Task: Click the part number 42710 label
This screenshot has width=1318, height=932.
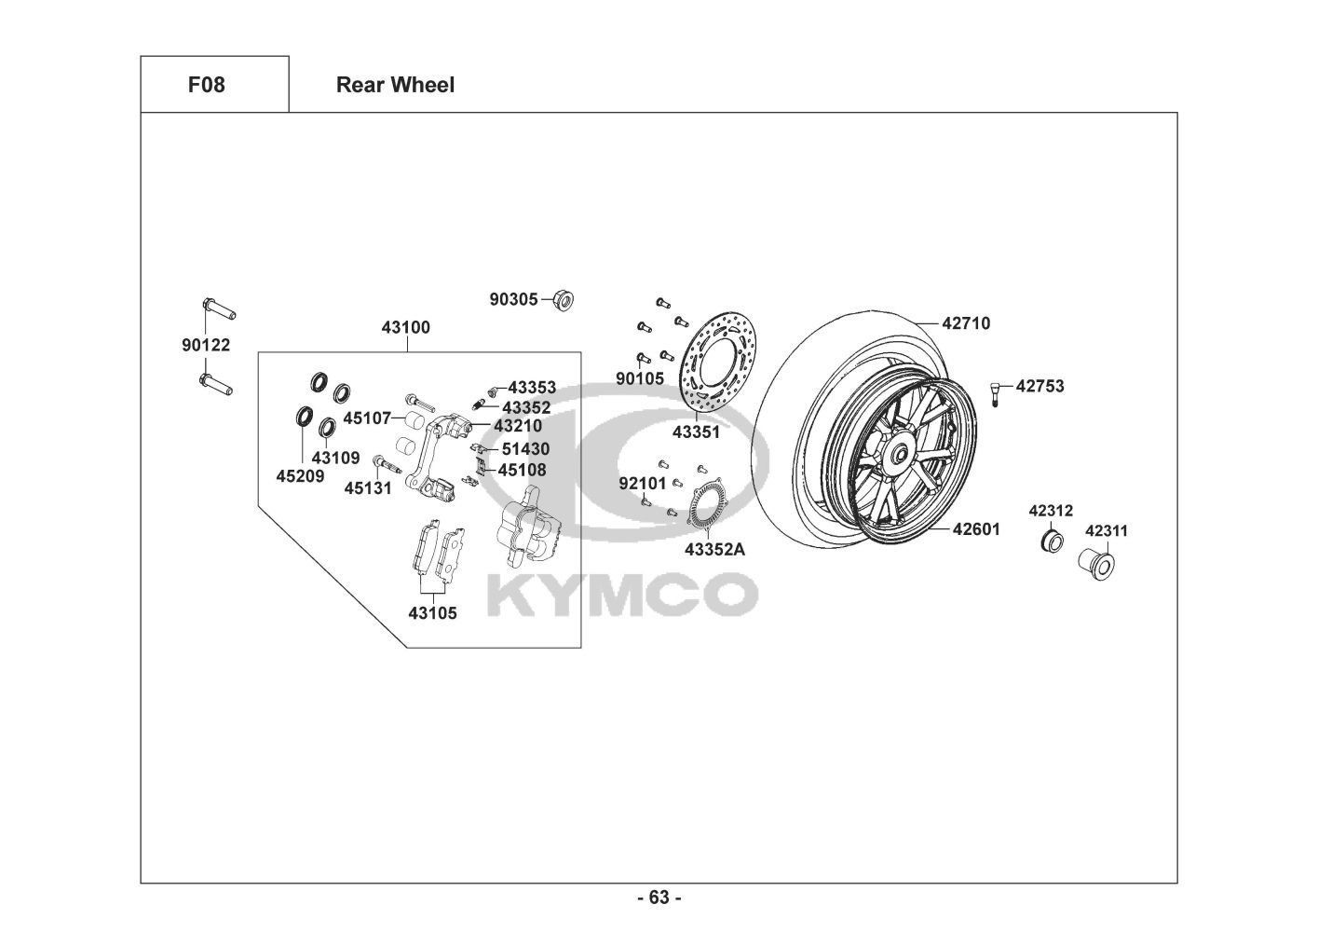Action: point(966,324)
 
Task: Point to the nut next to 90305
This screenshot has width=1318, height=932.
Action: point(563,299)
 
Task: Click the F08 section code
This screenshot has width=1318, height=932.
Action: point(206,85)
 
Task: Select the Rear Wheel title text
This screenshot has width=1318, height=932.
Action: point(395,85)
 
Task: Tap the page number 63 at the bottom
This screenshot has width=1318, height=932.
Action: point(659,898)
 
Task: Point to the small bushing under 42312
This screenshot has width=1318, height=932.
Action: point(1052,540)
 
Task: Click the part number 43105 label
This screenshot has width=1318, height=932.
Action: point(432,613)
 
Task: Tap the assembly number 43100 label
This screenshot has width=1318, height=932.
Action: point(406,328)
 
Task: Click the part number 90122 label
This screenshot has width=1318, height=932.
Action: point(206,346)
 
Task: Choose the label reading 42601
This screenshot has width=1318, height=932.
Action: point(975,529)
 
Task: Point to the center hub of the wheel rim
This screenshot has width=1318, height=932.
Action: point(900,456)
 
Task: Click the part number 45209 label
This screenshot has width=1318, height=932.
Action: point(300,476)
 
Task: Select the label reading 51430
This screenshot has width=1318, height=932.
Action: point(525,449)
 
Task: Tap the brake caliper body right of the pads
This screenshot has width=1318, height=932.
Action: point(528,527)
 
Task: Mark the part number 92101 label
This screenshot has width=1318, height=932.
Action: point(643,483)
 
